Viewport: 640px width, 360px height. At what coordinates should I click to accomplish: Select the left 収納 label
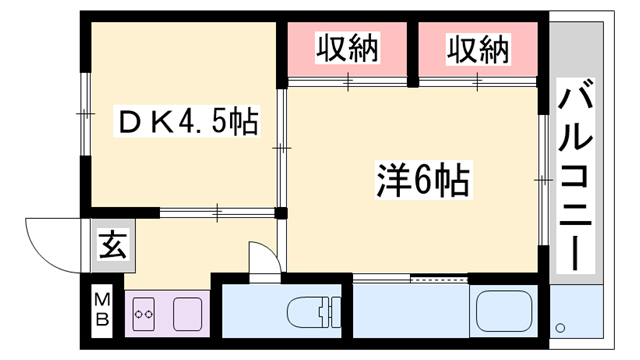[x=347, y=48]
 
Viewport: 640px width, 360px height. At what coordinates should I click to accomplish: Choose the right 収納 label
[x=477, y=48]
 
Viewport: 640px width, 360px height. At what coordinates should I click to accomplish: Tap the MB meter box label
[x=103, y=309]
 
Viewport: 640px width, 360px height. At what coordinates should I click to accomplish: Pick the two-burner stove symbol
[x=142, y=315]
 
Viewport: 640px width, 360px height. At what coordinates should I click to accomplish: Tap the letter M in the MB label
[x=103, y=299]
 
